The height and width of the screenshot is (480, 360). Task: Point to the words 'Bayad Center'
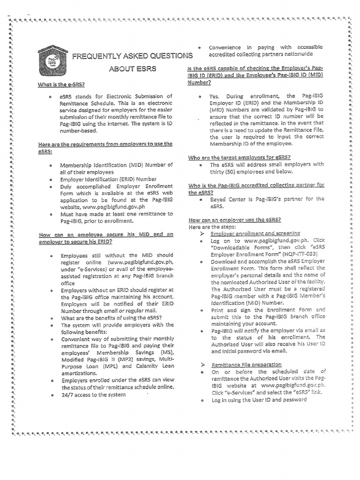(227, 199)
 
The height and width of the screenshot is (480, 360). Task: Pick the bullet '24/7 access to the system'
(93, 395)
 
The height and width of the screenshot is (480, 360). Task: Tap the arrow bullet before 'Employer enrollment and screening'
(203, 233)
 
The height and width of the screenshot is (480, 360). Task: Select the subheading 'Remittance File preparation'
(246, 364)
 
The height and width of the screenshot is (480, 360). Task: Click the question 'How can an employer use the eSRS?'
(234, 219)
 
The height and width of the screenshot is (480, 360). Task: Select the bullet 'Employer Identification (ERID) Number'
(108, 179)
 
